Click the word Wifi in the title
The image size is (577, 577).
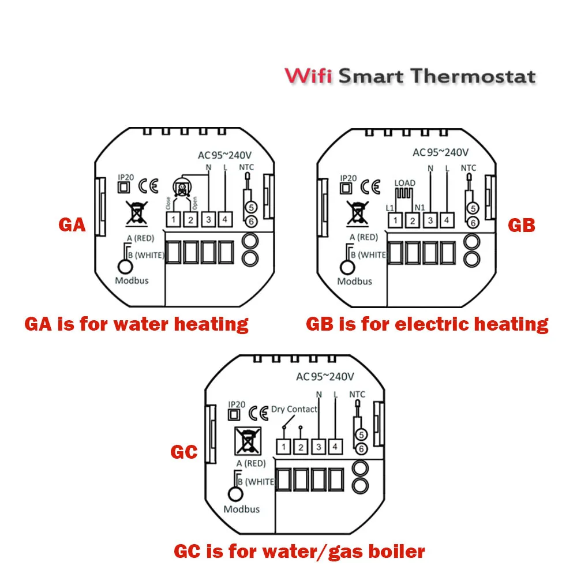click(x=308, y=76)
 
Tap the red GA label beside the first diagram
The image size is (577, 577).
click(x=72, y=224)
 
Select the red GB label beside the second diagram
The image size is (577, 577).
click(x=522, y=224)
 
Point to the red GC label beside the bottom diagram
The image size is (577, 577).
click(x=184, y=452)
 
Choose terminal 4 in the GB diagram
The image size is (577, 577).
click(x=446, y=220)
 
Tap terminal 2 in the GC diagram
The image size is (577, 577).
click(x=301, y=447)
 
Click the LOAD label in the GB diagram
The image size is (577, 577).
click(x=404, y=183)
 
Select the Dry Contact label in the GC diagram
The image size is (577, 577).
click(x=294, y=409)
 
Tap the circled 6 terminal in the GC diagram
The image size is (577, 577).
click(x=361, y=448)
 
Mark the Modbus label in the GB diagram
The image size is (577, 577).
click(x=355, y=282)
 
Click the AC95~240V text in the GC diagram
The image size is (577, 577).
click(x=325, y=377)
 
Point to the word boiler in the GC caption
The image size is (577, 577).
click(x=396, y=551)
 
